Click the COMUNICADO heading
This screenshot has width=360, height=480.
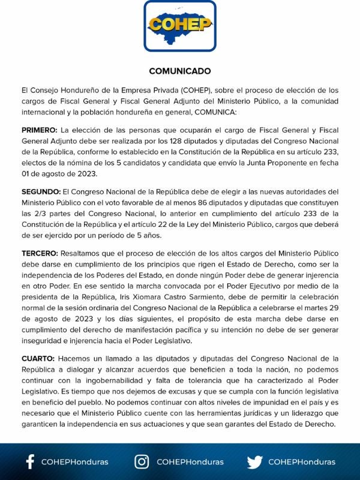point(180,70)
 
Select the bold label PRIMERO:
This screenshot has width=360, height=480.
point(40,130)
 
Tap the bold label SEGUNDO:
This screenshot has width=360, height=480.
point(41,191)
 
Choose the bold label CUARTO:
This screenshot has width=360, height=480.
point(38,359)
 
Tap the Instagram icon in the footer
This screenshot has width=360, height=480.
point(142,461)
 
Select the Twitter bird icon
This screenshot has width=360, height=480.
point(254,461)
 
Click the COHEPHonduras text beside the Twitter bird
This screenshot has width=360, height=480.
point(302,462)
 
